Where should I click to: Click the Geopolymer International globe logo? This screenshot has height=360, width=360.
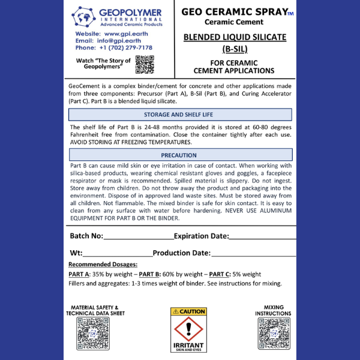pos(83,17)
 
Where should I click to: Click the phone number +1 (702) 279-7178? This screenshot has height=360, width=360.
pos(123,47)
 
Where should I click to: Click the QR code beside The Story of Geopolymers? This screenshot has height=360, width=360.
pos(145,64)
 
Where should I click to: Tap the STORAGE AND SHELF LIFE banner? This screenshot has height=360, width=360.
pos(179,115)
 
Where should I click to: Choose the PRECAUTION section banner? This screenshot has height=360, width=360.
pos(179,155)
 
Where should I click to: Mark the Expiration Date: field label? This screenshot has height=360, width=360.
pos(201,236)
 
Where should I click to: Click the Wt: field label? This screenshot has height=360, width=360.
pos(76,253)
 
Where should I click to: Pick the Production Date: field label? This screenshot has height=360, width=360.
pos(181,253)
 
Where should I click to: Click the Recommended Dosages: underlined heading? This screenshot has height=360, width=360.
pos(103,264)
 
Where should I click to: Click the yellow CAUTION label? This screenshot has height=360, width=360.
pos(188,311)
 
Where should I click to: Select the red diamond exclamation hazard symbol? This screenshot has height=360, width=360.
pos(188,329)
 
